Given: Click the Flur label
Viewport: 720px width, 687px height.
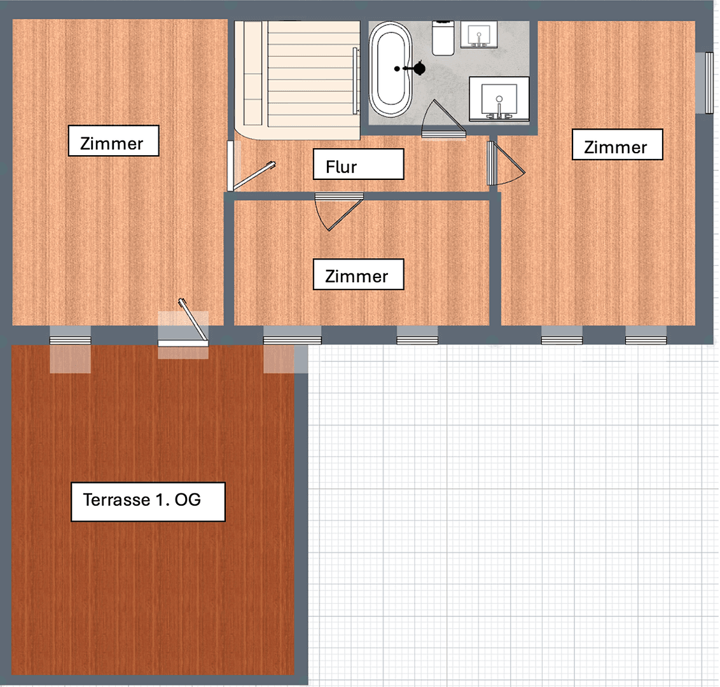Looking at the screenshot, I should coord(358,165).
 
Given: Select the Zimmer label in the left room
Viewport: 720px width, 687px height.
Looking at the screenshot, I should coord(113,141).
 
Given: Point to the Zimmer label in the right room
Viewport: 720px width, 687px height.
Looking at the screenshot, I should coord(617,144).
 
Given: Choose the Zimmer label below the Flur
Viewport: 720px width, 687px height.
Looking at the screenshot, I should coord(358,275).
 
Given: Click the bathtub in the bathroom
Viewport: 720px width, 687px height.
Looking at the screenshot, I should coord(389,69).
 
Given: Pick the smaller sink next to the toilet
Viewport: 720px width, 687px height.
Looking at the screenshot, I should coord(478,35).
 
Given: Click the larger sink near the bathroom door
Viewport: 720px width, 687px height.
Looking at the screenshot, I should coord(499,99).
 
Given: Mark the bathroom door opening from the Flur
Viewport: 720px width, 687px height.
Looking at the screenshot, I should coord(444,121).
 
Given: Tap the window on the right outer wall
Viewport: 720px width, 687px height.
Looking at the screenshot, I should coord(709,82).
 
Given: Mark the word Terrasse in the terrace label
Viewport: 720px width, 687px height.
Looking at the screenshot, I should coord(116,500).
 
